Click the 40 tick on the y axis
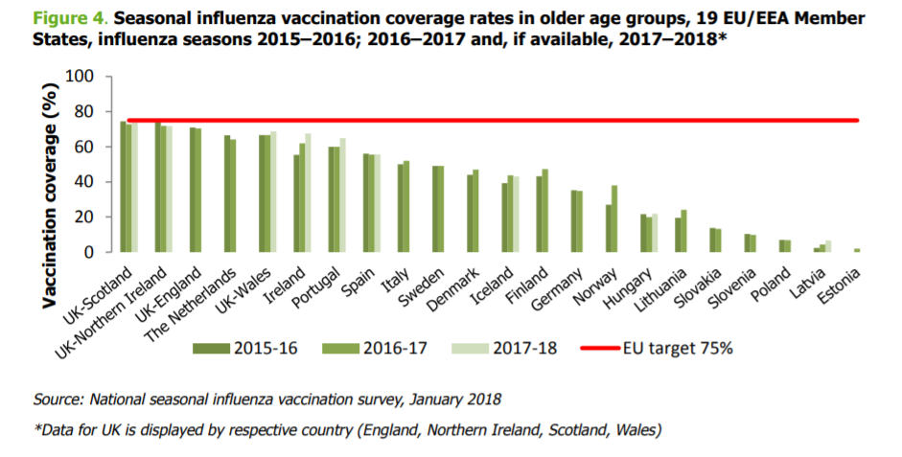pos(84,182)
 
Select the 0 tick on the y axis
pos(89,252)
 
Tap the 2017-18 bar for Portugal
pos(343,195)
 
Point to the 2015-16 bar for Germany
pos(573,221)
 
